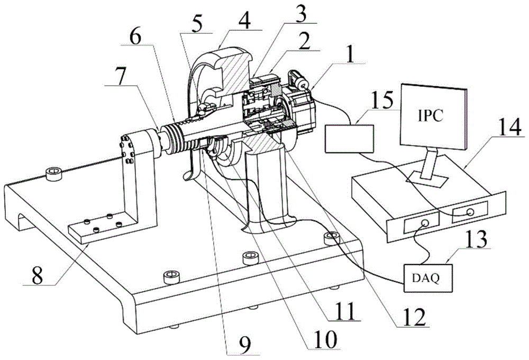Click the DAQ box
421,275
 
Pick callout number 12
413,316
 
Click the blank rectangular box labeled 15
349,139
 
